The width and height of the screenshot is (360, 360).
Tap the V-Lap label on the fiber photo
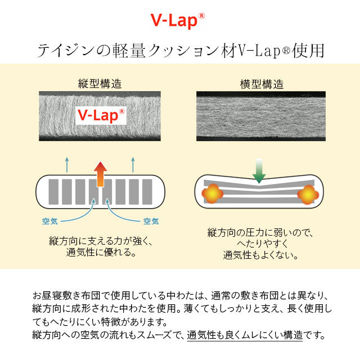(101, 115)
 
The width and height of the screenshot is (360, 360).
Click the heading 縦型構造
(100, 84)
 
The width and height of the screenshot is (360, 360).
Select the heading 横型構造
(262, 84)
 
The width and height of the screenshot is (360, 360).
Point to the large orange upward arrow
(100, 174)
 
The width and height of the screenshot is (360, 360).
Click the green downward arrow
(259, 171)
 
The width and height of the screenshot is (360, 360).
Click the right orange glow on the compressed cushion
(307, 195)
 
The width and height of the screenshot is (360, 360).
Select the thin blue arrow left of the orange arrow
(67, 165)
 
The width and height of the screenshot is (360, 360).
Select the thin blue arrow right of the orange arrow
(133, 165)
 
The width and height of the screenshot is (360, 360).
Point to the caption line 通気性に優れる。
(100, 253)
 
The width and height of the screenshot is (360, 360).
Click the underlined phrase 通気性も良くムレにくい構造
(245, 335)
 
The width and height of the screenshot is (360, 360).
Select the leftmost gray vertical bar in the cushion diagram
(53, 193)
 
